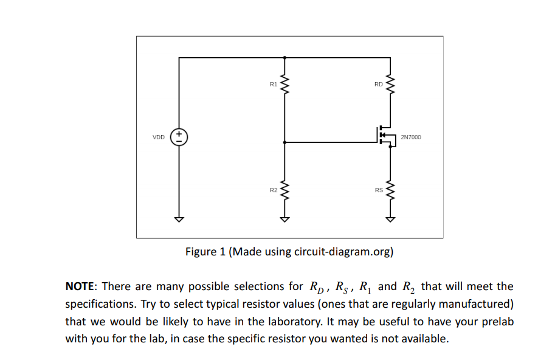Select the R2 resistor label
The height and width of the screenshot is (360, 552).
(273, 190)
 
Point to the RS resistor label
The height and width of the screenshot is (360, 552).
(378, 190)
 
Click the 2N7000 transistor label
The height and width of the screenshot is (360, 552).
(411, 137)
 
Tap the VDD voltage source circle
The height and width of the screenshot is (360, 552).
(179, 137)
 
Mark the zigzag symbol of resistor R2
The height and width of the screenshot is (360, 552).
(285, 190)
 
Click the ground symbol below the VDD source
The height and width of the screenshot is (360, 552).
(179, 219)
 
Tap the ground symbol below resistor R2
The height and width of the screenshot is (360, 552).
(285, 219)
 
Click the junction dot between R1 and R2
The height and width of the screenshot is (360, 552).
(285, 142)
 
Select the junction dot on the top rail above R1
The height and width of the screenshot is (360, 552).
(285, 58)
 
